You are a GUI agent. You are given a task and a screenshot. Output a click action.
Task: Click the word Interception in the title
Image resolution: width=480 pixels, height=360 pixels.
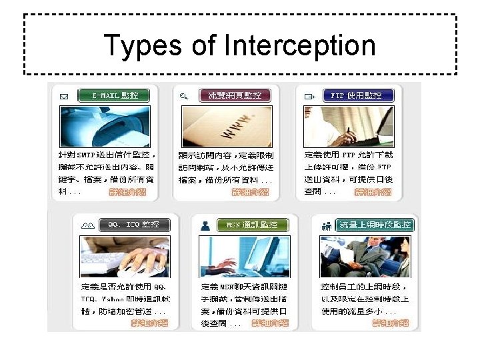coord(300,46)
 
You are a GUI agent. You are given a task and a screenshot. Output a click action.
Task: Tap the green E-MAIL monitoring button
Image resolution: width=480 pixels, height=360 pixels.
coord(114,95)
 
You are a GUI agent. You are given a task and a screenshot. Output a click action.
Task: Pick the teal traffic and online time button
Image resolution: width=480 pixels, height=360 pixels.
coord(375,225)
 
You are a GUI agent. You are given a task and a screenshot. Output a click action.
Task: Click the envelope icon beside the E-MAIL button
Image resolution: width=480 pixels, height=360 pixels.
coord(64,96)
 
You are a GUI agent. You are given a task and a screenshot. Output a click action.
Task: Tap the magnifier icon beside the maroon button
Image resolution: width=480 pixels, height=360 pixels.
coord(185,96)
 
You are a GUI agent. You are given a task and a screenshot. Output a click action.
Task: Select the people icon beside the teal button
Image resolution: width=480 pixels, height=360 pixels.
coord(326,225)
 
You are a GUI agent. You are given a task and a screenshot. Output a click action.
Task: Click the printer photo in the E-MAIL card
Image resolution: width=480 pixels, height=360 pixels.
coord(103,125)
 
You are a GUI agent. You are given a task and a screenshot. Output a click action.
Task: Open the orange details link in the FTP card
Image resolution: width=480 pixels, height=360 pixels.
coord(373,192)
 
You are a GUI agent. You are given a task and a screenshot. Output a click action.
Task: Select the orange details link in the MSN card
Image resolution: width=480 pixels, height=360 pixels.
coord(270,323)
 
